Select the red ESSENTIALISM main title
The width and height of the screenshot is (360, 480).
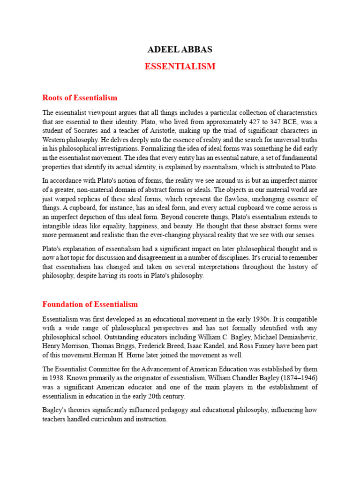point(180,67)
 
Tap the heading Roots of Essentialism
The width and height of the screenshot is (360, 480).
point(80,98)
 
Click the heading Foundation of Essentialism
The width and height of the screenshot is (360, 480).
point(90,304)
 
